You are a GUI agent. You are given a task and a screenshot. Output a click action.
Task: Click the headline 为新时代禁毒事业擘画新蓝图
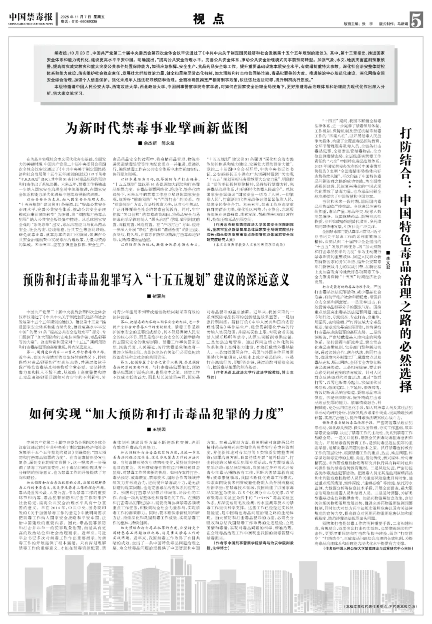coord(157,129)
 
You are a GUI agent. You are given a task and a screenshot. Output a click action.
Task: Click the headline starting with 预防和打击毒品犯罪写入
coord(157,279)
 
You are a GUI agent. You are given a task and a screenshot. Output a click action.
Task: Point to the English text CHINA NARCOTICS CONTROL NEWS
coord(31,24)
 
